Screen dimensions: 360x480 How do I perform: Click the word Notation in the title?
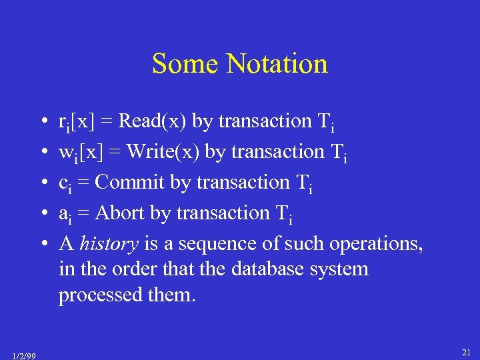[277, 64]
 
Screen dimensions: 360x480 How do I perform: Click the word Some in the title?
[186, 64]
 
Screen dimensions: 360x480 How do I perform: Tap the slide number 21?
[467, 352]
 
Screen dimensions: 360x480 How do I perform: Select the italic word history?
[109, 243]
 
